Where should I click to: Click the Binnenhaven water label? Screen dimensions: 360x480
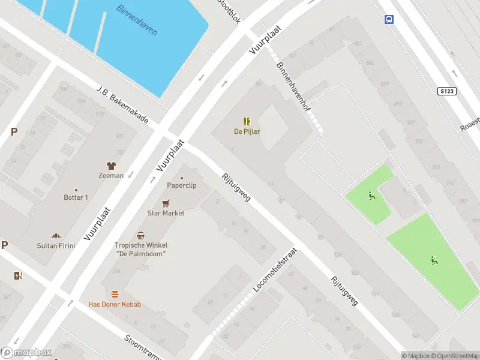click(x=137, y=20)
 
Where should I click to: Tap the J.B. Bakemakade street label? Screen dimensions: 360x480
click(x=122, y=104)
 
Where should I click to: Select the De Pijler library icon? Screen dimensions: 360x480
click(x=247, y=121)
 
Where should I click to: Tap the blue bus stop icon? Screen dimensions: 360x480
click(x=389, y=19)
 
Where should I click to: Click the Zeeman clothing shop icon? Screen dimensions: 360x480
click(x=111, y=166)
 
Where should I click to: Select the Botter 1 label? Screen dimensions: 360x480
click(x=76, y=197)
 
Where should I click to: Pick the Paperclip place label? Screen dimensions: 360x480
click(x=182, y=185)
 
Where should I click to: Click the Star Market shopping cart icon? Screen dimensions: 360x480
click(x=166, y=203)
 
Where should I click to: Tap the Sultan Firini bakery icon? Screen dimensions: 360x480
click(x=56, y=236)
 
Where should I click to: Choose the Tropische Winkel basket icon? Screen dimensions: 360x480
click(x=141, y=236)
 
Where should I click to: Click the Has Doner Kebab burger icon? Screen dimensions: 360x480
click(x=115, y=294)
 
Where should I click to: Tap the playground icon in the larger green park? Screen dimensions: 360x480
click(x=433, y=260)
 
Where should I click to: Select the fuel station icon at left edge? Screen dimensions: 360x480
click(x=18, y=275)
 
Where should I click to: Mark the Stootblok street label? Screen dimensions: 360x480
click(x=230, y=11)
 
